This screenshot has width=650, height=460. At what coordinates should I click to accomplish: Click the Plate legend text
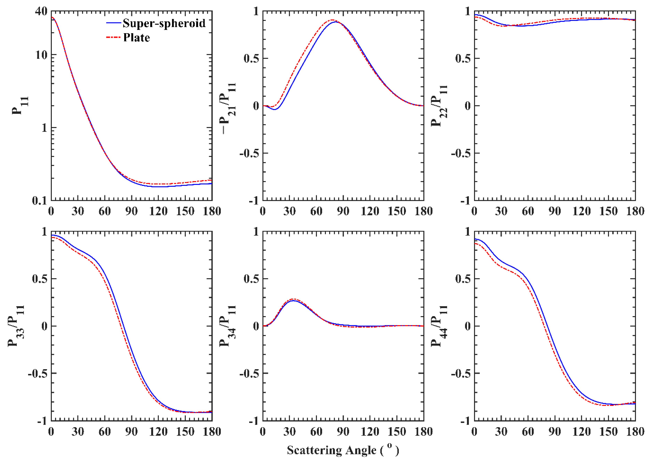[x=136, y=38]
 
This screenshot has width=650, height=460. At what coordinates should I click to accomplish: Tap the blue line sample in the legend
[x=114, y=23]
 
